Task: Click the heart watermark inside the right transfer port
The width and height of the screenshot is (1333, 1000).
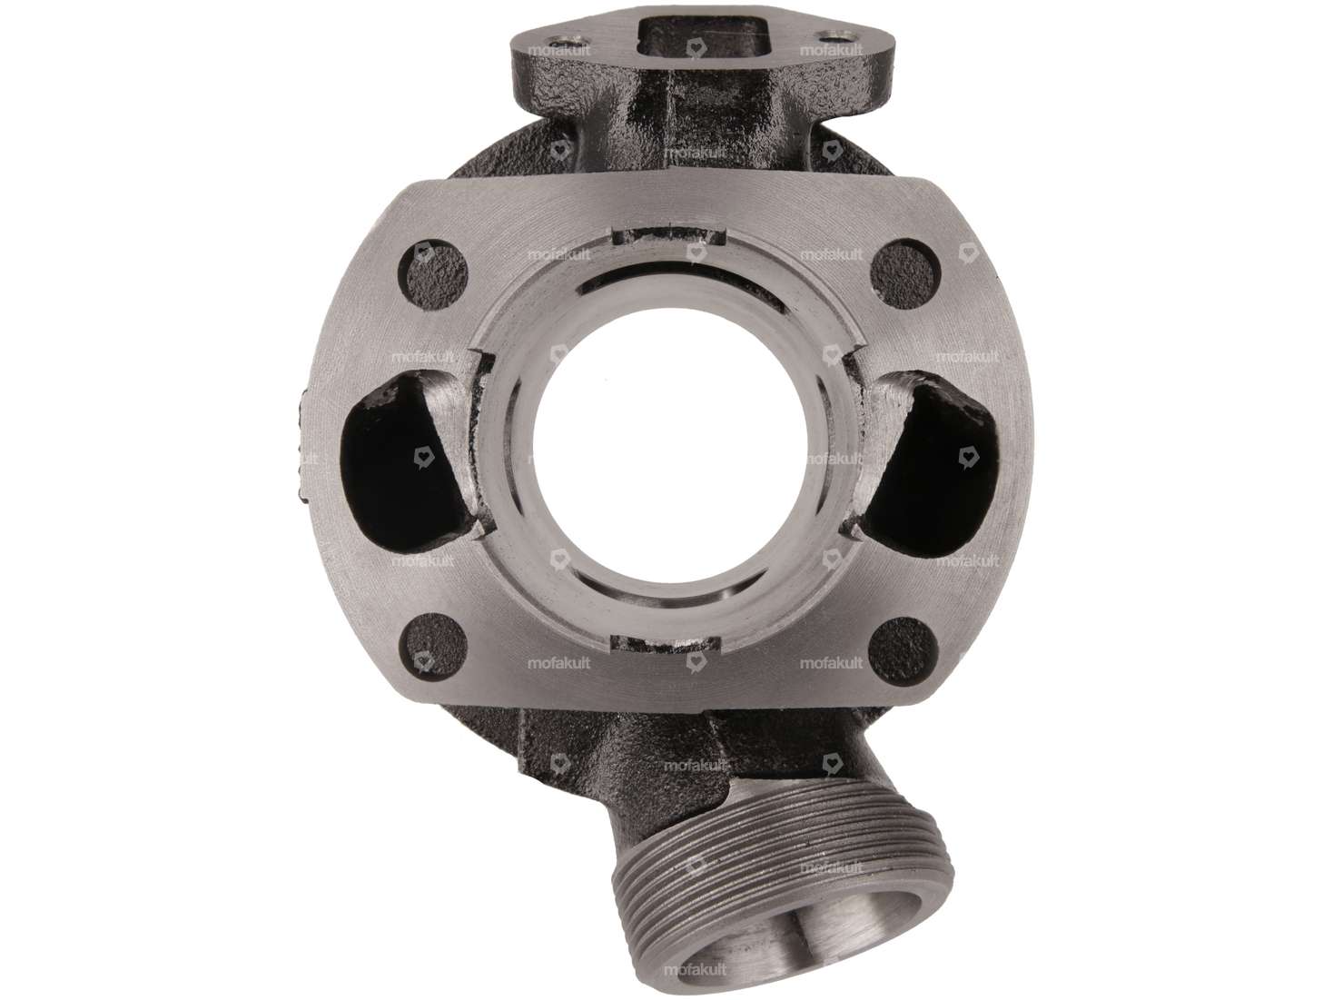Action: click(968, 451)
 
